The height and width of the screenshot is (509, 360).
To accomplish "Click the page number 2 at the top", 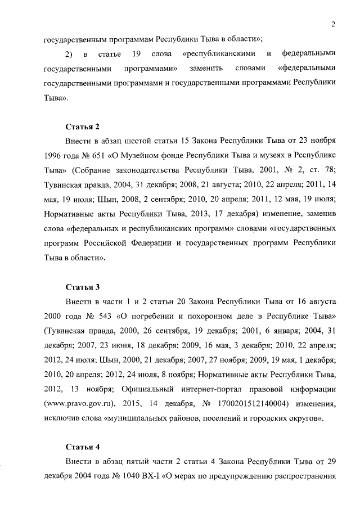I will pyautogui.click(x=333, y=24).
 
